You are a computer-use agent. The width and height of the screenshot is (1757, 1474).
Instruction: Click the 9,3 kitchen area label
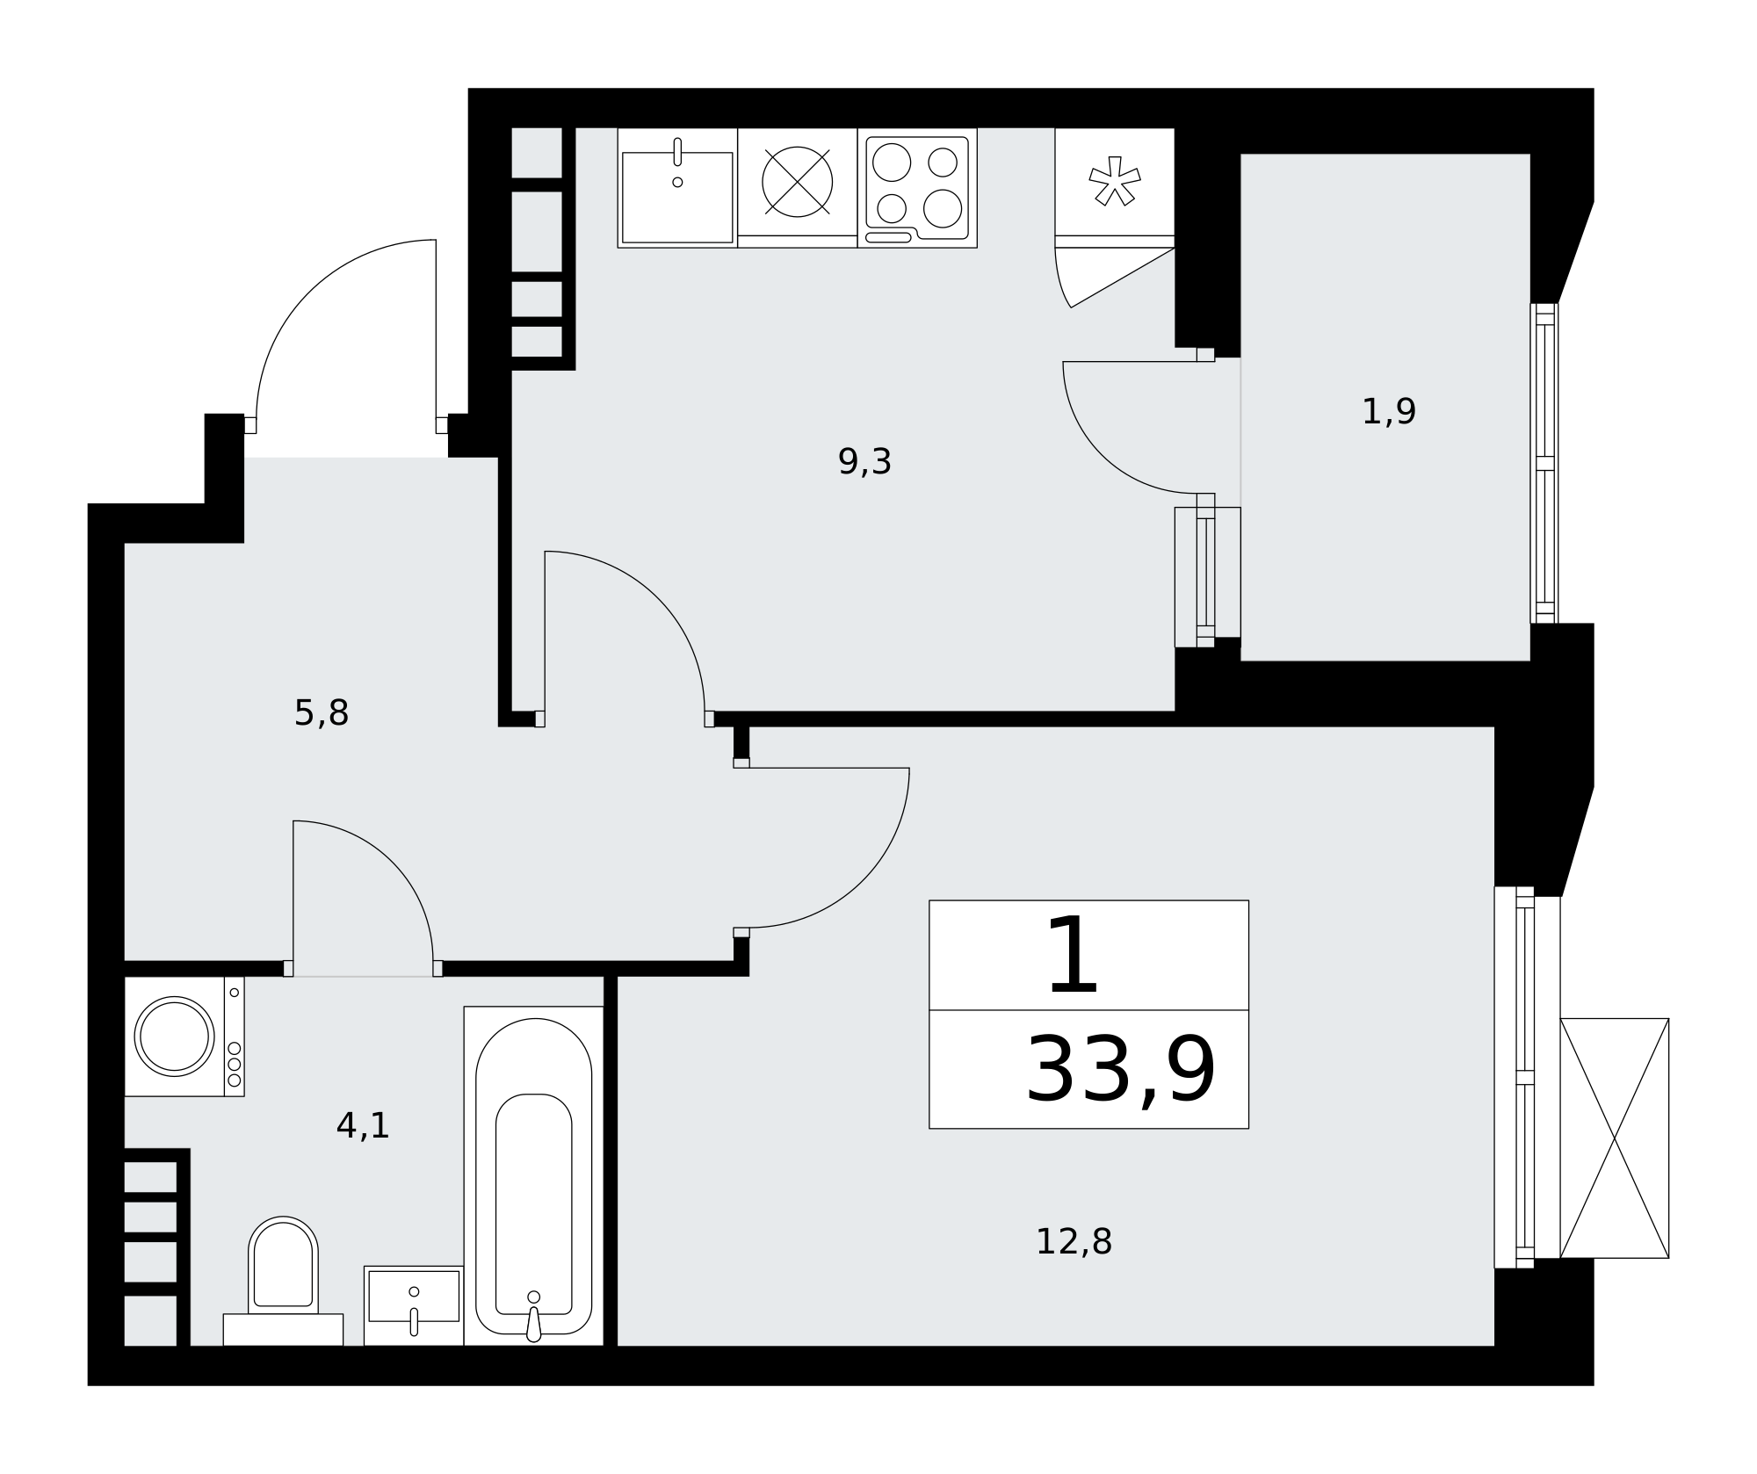pos(864,462)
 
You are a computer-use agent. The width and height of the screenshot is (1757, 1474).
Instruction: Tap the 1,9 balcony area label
pos(1388,412)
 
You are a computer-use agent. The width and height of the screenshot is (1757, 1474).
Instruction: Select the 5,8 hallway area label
pos(321,713)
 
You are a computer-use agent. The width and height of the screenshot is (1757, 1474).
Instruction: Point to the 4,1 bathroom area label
pos(362,1125)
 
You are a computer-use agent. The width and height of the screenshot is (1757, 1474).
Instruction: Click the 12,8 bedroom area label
pos(1074,1242)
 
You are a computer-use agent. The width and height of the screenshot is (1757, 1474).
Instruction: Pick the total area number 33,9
pos(1120,1071)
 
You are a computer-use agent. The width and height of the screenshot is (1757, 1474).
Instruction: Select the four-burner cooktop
pos(917,188)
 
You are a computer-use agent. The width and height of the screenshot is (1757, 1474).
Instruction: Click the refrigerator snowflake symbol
pos(1115,181)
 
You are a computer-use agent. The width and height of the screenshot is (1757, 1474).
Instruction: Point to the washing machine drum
pos(174,1037)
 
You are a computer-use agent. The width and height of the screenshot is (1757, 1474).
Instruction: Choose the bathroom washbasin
pos(414,1305)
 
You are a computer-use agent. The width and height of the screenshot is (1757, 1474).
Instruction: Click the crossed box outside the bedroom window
pos(1615,1138)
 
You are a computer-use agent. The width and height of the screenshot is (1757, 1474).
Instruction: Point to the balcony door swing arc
pos(1102,455)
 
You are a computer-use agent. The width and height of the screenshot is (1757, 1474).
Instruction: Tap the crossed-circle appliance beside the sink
pos(797,182)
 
